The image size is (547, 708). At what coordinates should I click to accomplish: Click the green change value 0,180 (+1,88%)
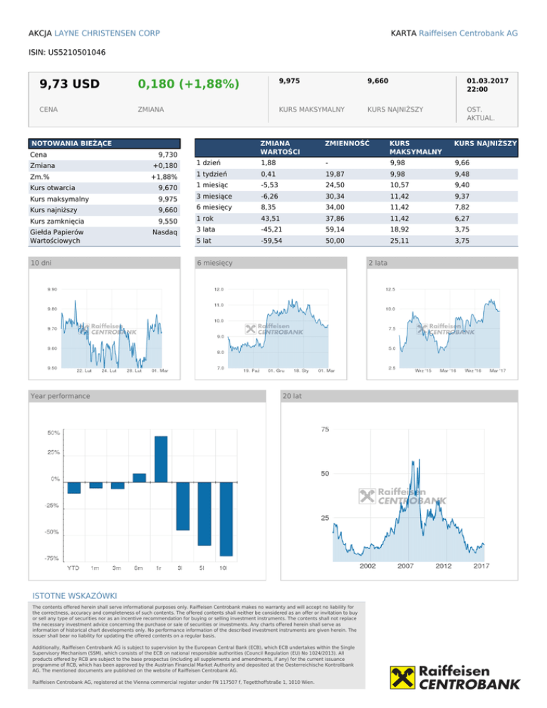(188, 85)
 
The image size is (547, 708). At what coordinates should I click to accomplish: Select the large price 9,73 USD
(70, 85)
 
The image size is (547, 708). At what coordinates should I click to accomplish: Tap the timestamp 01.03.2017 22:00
(487, 86)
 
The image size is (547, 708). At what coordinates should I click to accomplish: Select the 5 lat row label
(204, 241)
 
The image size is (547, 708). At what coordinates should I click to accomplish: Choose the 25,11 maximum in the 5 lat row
(400, 241)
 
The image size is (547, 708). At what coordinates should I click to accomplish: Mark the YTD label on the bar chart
(73, 568)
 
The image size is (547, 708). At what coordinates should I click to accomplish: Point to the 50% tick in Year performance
(53, 432)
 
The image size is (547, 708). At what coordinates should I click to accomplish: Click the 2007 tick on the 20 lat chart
(405, 566)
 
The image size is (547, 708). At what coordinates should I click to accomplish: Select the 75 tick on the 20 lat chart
(325, 430)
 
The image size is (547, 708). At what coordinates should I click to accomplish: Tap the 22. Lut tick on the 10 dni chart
(84, 370)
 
